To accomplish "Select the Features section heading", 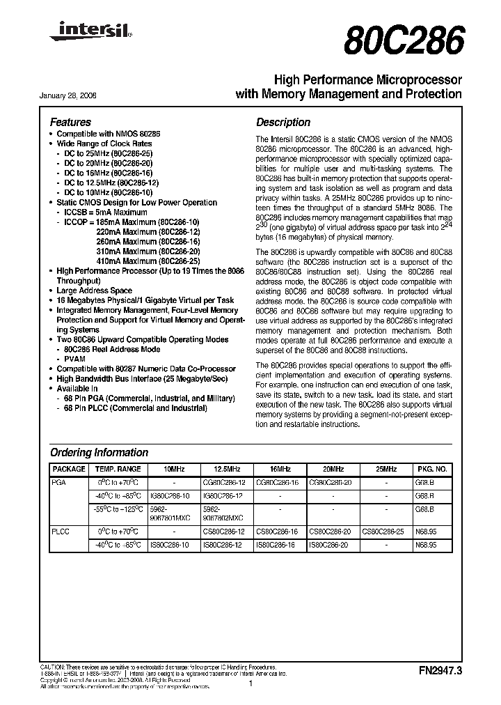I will (x=70, y=122).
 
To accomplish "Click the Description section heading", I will (x=283, y=122).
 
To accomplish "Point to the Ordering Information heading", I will (x=99, y=452).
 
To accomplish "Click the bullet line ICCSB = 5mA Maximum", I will (x=105, y=212).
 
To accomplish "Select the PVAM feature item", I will (x=73, y=359).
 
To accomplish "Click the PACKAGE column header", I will (x=69, y=470).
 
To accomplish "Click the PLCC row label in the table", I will (x=61, y=531).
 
